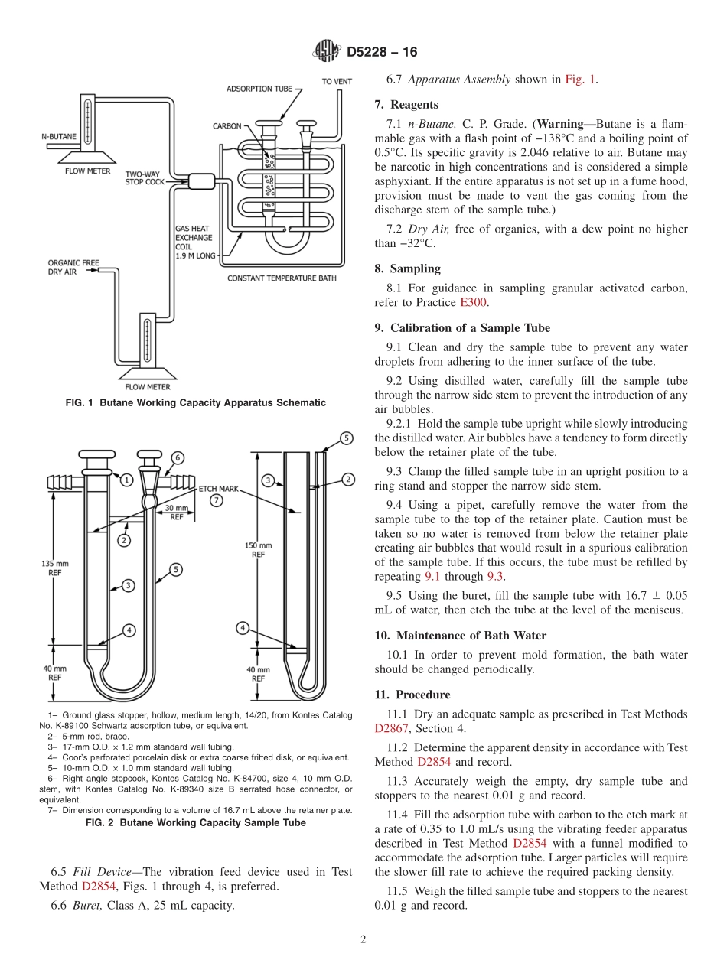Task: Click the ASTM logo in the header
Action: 327,52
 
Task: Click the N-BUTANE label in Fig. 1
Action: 59,136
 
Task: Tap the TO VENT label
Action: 337,81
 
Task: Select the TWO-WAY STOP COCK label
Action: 144,178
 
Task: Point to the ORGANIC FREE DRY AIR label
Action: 73,267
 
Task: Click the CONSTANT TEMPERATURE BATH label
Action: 282,278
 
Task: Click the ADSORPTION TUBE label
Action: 259,89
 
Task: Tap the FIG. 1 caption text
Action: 196,402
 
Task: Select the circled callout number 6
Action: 177,457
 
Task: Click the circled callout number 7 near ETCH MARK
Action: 217,500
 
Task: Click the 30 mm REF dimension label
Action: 176,512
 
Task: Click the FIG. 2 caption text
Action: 196,822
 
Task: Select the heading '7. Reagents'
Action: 406,105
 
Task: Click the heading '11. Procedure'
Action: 412,695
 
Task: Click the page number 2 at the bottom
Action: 363,940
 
